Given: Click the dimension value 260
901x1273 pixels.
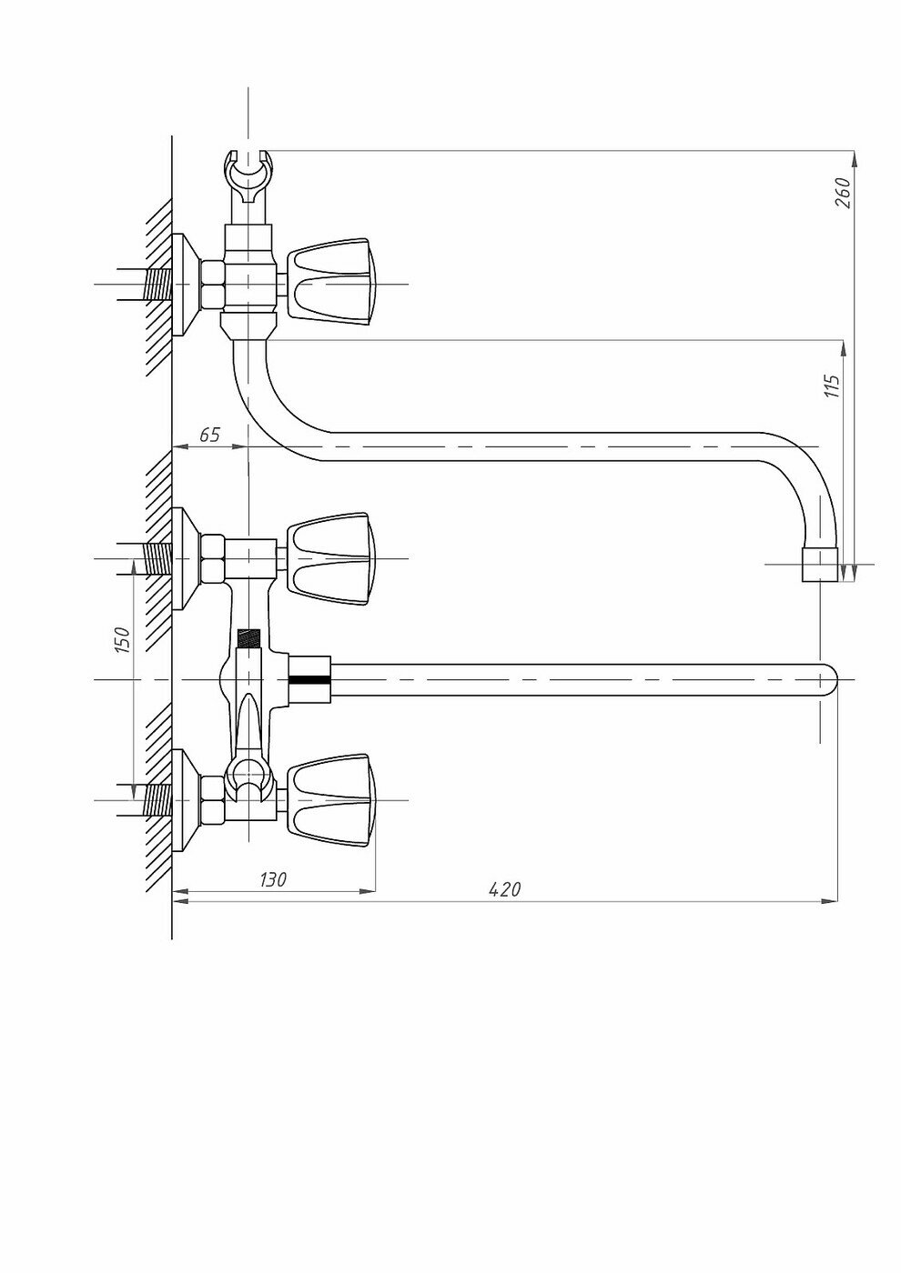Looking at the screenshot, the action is [x=843, y=193].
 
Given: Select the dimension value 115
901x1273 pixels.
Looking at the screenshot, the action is [x=831, y=385].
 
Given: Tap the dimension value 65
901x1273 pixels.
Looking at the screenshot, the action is [x=209, y=435].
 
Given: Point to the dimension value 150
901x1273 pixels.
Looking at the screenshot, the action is [x=124, y=638].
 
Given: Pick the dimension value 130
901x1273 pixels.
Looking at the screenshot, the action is [x=273, y=879].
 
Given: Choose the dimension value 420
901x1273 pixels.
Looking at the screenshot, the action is [x=505, y=889].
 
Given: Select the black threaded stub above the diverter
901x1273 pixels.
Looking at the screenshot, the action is [x=248, y=638].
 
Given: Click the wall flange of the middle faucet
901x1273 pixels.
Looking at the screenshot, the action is [x=187, y=556].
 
